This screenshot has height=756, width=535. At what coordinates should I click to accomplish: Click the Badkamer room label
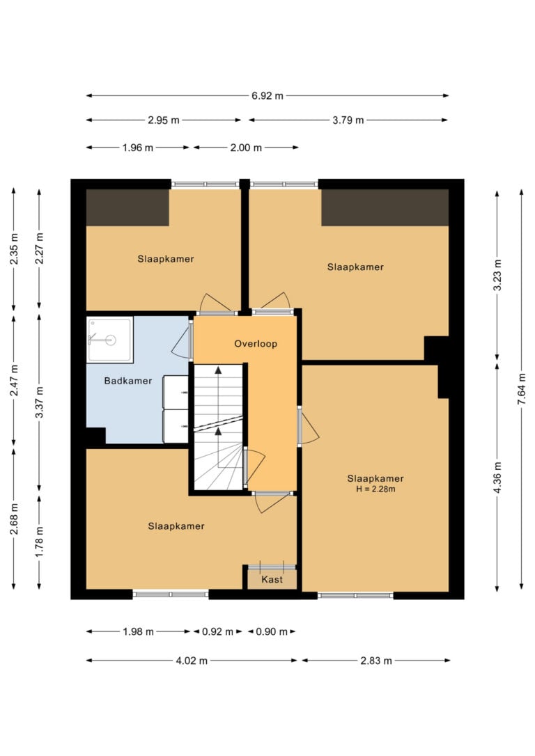tap(128, 381)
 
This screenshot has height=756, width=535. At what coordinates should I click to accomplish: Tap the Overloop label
tap(256, 344)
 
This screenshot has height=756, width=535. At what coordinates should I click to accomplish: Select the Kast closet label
tap(272, 580)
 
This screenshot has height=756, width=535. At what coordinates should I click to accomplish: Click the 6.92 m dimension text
tap(267, 96)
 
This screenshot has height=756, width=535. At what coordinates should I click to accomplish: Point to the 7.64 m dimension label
tap(522, 389)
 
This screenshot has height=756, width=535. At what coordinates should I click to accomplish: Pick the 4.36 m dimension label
tap(497, 478)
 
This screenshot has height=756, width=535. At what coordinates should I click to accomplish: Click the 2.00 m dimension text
tap(246, 148)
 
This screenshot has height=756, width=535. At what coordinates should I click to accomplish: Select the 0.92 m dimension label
tap(217, 631)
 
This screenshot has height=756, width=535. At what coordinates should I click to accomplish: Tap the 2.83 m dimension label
tap(376, 661)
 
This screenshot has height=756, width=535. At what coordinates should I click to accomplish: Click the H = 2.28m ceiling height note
tap(375, 489)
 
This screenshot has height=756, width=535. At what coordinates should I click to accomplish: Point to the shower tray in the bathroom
tap(109, 340)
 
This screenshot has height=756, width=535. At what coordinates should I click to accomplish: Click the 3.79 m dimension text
tap(348, 120)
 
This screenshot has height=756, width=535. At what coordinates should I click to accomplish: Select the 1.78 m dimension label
tap(40, 542)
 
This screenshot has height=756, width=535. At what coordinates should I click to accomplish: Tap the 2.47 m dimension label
tap(14, 380)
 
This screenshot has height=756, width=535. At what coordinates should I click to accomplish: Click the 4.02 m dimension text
tap(192, 661)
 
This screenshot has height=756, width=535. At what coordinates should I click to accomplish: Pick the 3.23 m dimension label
tap(497, 275)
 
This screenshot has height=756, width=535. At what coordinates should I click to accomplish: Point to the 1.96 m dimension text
tap(138, 148)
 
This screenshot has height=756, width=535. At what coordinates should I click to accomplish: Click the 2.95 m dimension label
tap(164, 120)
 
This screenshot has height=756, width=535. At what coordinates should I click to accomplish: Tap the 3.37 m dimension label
tap(40, 402)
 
